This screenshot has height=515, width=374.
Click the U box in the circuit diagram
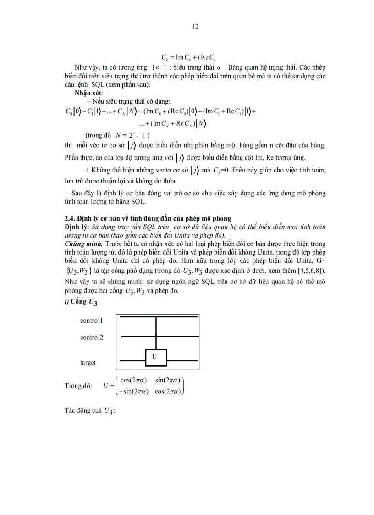pos(155,357)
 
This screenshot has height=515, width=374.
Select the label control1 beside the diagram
pos(91,321)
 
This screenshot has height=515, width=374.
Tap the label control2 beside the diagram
pos(91,337)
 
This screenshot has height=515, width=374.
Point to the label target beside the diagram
pos(88,362)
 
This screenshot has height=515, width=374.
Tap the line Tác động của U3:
pos(89,410)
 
